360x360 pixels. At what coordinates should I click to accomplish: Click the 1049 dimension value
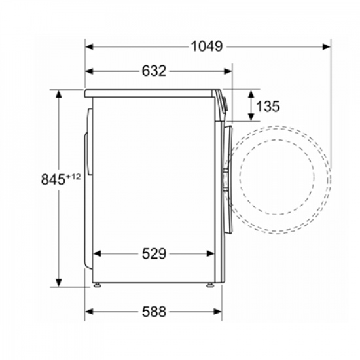pos(207,46)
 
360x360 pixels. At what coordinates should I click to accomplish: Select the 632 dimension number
pos(154,71)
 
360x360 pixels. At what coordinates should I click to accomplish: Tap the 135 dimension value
pos(268,106)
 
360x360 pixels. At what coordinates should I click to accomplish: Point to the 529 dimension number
pos(154,253)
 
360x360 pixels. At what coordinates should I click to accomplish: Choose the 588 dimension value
pos(154,312)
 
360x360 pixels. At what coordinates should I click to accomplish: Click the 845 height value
pos(53,179)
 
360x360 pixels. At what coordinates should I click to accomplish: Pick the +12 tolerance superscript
pos(73,177)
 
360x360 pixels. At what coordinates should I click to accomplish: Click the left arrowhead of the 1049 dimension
pos(89,47)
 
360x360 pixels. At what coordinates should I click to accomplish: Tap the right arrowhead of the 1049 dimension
pos(327,47)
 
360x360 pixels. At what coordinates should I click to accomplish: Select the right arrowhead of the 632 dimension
pos(228,71)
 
